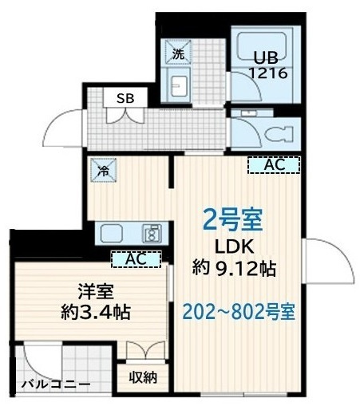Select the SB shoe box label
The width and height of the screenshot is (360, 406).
coord(125,99)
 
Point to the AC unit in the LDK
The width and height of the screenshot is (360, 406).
coord(273,165)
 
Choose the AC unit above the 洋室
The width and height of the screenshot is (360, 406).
coord(135,258)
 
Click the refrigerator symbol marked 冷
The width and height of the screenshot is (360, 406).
coord(104,170)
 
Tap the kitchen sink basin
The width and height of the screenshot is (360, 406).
coord(111,234)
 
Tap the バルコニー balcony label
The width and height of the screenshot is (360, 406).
coord(55,384)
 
